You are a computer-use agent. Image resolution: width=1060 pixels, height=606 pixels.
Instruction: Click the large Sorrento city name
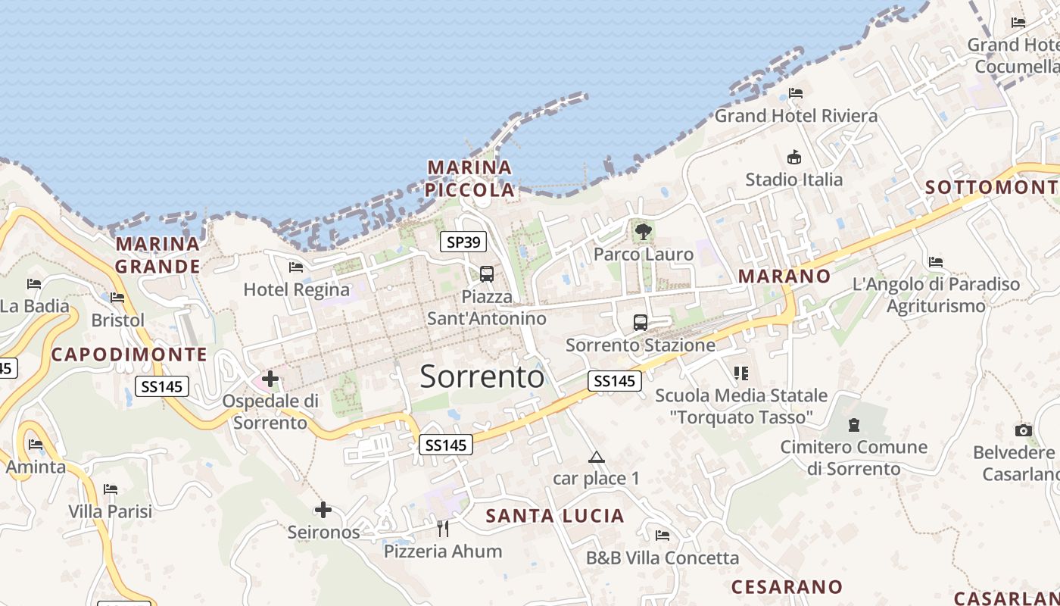coord(482,376)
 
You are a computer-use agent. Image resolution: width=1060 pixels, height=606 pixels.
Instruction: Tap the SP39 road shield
coord(463,242)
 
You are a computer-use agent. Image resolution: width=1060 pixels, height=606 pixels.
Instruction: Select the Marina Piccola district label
coord(469,178)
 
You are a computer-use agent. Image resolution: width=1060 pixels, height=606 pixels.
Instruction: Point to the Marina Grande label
coord(158,255)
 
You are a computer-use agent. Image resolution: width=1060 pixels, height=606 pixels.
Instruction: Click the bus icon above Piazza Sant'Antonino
coord(487,274)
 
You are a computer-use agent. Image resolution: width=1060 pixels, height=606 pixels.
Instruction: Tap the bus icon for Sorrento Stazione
coord(641,323)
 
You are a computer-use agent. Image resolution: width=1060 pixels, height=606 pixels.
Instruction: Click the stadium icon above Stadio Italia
coord(793,158)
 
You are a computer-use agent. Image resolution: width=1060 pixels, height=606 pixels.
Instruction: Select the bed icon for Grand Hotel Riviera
coord(796,93)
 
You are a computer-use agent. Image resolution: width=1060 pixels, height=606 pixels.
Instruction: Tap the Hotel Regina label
coord(297,289)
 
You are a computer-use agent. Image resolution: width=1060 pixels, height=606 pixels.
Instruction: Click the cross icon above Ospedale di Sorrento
coord(270,379)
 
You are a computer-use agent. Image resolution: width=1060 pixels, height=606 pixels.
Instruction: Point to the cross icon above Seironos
coord(323,510)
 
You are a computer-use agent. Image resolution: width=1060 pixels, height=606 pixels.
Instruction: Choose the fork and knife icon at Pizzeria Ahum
coord(443,528)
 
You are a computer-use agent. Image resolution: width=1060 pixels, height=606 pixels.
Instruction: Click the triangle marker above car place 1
coord(597,457)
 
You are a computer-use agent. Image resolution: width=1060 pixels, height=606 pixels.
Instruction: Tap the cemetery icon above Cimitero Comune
coord(855,425)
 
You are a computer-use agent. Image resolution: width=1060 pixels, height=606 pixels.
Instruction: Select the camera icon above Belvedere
coord(1024,430)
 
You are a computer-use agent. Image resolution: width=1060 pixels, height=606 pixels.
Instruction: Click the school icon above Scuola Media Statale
coord(740,373)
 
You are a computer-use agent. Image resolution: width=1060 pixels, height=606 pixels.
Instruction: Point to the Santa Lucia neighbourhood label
coord(555,516)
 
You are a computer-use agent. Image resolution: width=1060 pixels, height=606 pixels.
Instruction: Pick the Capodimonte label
coord(129,355)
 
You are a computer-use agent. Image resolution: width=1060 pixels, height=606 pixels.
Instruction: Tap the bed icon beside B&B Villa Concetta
coord(662,536)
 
